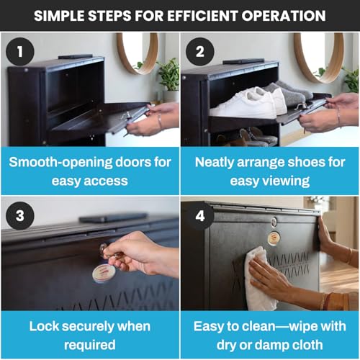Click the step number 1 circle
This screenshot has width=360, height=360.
click(x=20, y=51)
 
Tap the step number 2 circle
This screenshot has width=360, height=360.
click(x=200, y=51)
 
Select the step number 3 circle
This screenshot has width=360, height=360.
click(x=20, y=215)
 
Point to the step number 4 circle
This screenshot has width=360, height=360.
click(x=200, y=215)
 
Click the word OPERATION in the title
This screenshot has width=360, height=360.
click(x=284, y=16)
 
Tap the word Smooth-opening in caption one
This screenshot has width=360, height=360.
click(x=61, y=163)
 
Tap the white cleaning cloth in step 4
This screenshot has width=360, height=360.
click(x=260, y=279)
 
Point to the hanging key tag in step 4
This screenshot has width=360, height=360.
click(x=274, y=238)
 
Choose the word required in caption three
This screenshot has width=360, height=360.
click(x=90, y=345)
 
